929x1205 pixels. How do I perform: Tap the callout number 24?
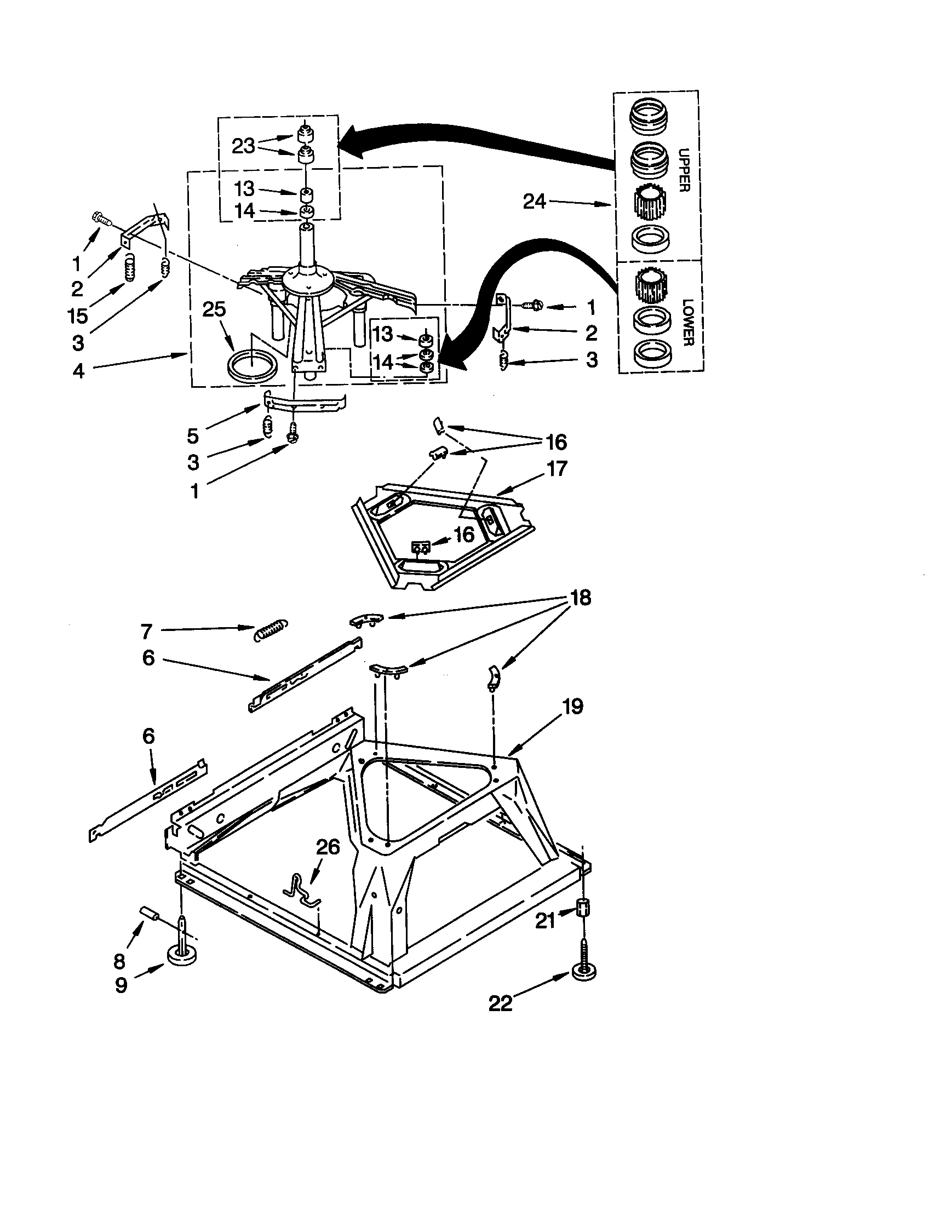click(534, 202)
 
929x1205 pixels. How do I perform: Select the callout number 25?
click(214, 309)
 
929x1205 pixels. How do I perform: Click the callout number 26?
click(327, 847)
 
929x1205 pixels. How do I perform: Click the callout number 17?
click(557, 468)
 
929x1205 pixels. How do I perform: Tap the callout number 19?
click(573, 706)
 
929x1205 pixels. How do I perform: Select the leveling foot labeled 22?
click(584, 973)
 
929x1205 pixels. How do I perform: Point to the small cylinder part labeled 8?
click(150, 914)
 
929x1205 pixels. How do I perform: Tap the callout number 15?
click(78, 316)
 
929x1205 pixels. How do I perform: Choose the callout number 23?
click(243, 146)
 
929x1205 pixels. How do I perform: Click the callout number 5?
click(192, 436)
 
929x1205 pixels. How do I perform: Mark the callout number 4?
click(78, 371)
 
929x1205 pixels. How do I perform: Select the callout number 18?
click(578, 598)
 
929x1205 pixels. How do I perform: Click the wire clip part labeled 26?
click(302, 891)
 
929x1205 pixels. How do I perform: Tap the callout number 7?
click(146, 631)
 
